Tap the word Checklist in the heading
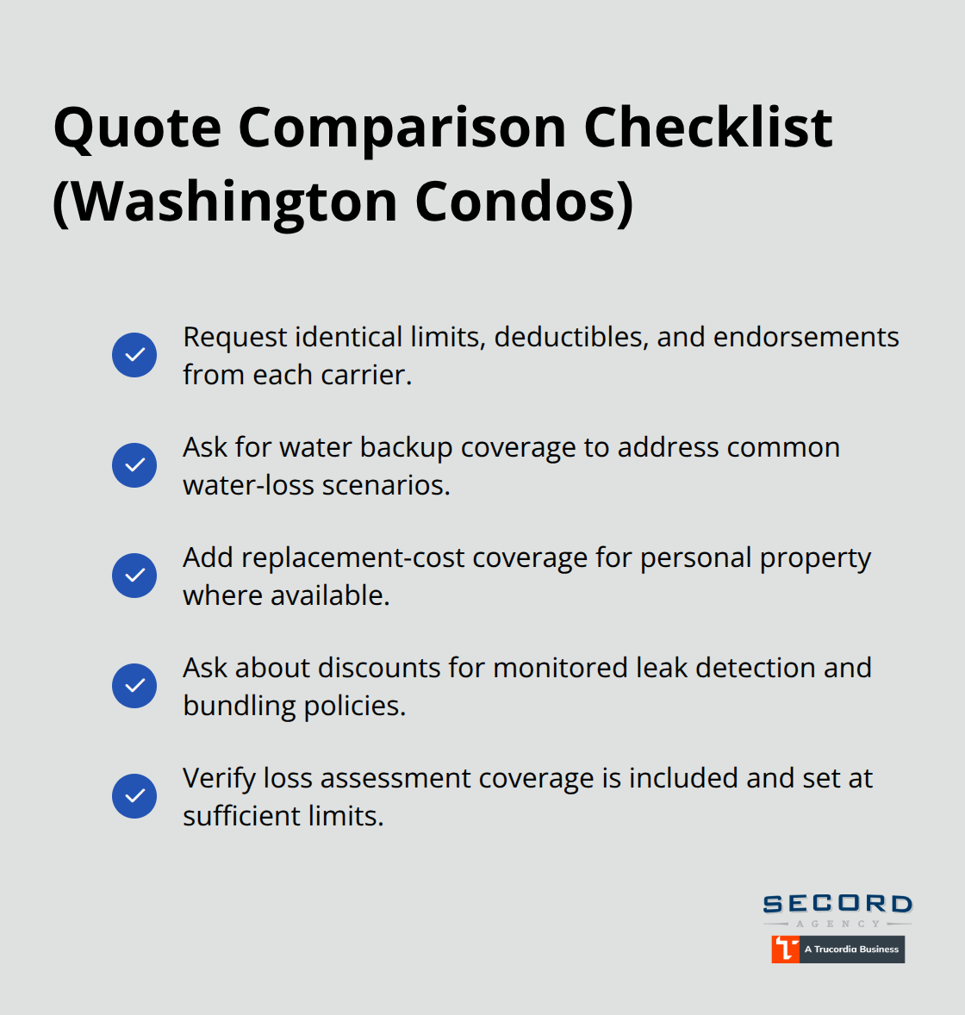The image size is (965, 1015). [707, 128]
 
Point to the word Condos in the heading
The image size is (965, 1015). [522, 202]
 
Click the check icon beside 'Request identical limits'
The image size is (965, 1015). [134, 355]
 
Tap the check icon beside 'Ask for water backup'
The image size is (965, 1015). [134, 465]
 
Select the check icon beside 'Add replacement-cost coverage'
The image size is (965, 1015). [134, 576]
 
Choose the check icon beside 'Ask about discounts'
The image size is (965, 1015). [134, 686]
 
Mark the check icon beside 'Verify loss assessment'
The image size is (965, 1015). [134, 796]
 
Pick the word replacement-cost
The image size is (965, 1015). [352, 558]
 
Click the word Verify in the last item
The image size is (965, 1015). [219, 779]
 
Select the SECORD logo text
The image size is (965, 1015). [837, 904]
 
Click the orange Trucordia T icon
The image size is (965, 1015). [785, 949]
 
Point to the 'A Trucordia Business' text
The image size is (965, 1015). [851, 950]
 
